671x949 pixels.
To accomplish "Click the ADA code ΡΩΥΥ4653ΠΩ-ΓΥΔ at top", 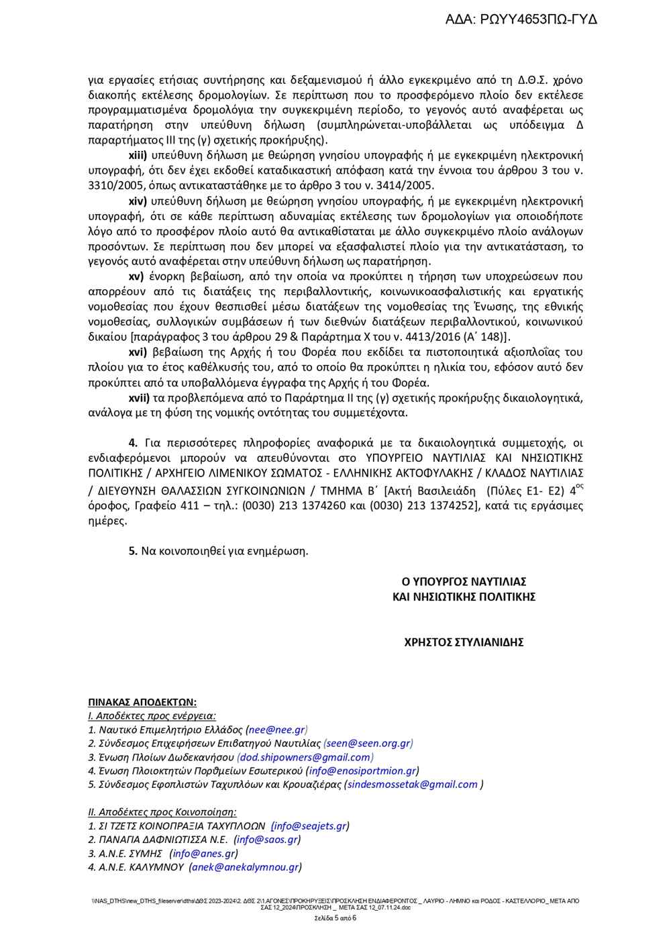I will click(x=521, y=19).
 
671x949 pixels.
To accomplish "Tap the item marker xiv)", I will click(x=139, y=201).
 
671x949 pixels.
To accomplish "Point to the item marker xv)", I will click(x=137, y=277).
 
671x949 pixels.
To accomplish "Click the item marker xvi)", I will click(x=139, y=352).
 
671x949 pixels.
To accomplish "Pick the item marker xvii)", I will click(x=141, y=397).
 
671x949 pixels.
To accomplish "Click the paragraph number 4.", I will click(x=133, y=442).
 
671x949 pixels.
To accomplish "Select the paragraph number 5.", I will click(x=133, y=551).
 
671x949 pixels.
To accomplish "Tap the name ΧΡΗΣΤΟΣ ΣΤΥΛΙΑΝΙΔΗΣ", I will click(x=464, y=642).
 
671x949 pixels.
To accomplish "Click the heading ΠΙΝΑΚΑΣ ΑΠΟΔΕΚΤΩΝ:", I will click(x=142, y=702).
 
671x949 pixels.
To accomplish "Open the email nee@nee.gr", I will click(x=277, y=730).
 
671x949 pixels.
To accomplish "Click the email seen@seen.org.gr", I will click(x=368, y=743).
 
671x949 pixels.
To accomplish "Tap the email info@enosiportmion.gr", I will click(x=362, y=770).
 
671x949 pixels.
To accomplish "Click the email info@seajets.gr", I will click(x=311, y=826).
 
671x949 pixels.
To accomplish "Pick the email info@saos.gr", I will click(x=267, y=840).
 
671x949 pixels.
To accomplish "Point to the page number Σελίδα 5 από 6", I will click(x=335, y=918).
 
